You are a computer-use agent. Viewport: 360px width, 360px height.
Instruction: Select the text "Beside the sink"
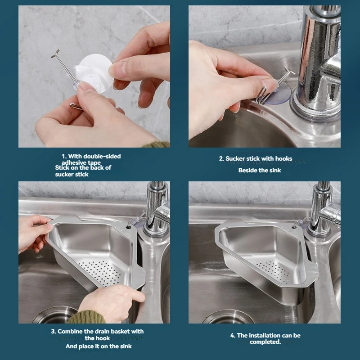(260, 171)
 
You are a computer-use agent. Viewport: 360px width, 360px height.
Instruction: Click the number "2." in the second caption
(221, 158)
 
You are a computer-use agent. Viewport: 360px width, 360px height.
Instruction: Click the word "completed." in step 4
(265, 342)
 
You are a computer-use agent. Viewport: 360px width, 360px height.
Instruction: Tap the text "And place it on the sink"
(99, 346)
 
